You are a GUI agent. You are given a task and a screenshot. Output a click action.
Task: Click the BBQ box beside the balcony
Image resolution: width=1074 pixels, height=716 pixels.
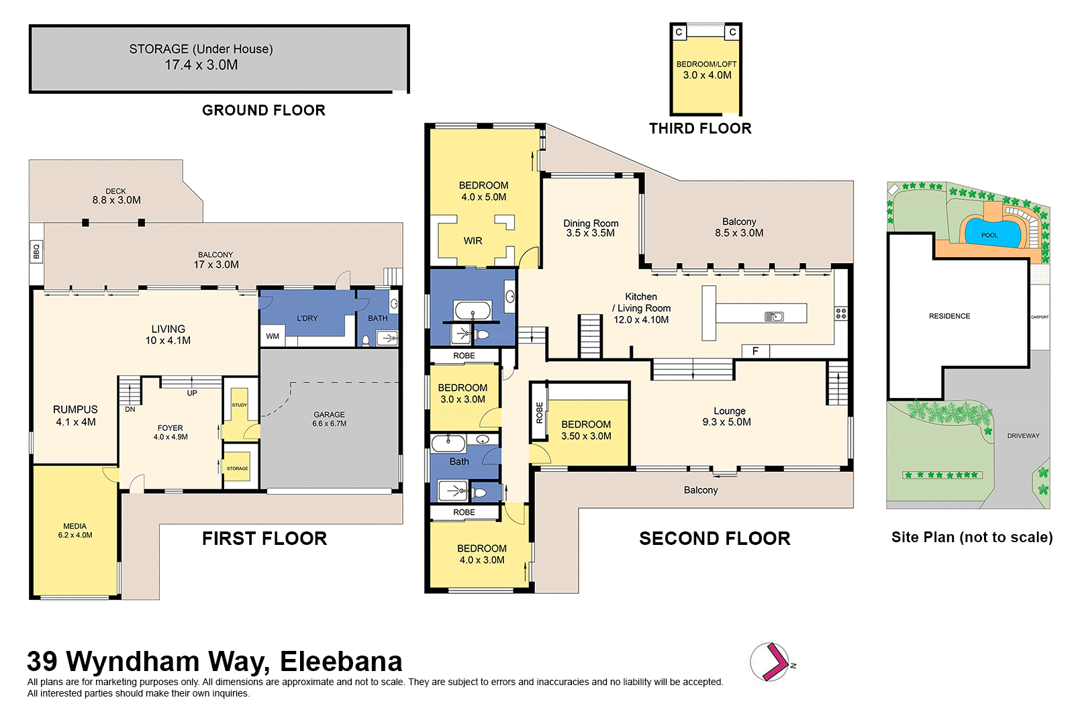coord(36,252)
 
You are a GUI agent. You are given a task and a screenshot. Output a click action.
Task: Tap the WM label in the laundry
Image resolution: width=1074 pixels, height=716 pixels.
coord(273,336)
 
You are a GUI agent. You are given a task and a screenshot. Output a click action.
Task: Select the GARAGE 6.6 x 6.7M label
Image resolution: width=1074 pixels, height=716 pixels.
coord(329,419)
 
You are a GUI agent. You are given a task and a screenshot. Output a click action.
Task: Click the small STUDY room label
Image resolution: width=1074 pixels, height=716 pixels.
coord(240,405)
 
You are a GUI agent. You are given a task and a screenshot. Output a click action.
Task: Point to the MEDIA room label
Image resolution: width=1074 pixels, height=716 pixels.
coord(75,530)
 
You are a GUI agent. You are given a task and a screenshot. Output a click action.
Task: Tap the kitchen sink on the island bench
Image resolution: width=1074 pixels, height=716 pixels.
coord(774,317)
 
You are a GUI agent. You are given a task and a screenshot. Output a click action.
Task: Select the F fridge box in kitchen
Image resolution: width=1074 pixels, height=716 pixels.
coord(755,351)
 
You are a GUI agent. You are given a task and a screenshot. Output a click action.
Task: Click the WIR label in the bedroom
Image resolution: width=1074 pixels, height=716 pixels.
coord(473,241)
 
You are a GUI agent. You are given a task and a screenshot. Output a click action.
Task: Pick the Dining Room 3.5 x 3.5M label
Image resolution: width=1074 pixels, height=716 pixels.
coord(591,228)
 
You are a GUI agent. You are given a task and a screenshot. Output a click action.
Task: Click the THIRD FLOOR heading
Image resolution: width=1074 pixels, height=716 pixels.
coord(700,129)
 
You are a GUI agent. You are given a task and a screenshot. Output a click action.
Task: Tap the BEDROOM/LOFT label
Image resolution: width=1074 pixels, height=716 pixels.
coord(706,64)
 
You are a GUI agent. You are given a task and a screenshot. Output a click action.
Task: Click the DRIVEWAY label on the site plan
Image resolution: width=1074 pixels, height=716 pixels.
coord(1023,436)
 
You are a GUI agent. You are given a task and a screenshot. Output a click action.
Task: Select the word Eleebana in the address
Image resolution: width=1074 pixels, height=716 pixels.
coord(341,662)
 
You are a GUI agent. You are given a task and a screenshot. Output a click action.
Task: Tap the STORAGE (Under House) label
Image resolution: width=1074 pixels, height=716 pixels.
coord(201,49)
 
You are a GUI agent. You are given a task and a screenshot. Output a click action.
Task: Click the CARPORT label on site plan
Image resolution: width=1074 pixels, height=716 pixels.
coord(1039,317)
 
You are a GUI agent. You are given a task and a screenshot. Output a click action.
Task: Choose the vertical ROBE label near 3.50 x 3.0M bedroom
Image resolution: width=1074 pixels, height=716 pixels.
coord(539,412)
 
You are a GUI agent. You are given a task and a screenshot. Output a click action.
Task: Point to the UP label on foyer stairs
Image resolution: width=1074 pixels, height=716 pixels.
coord(192,393)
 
